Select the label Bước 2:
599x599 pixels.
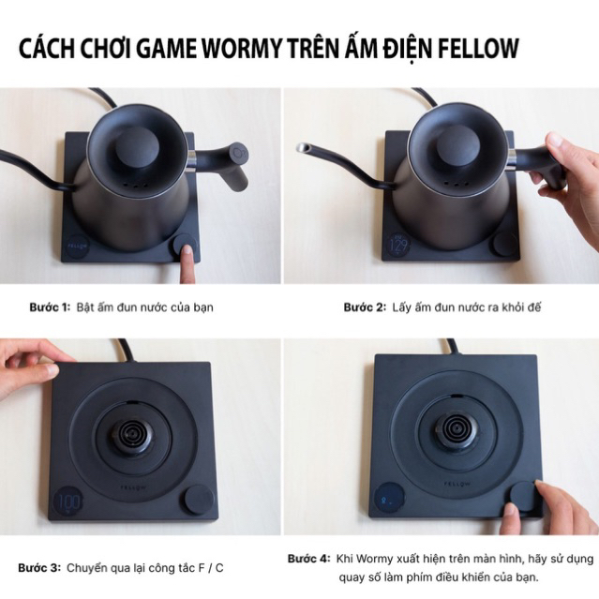[367, 307]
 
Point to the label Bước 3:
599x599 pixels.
[38, 567]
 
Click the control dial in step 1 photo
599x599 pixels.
[184, 247]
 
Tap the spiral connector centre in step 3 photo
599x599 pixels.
[132, 435]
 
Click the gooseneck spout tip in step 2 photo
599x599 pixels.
[302, 148]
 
